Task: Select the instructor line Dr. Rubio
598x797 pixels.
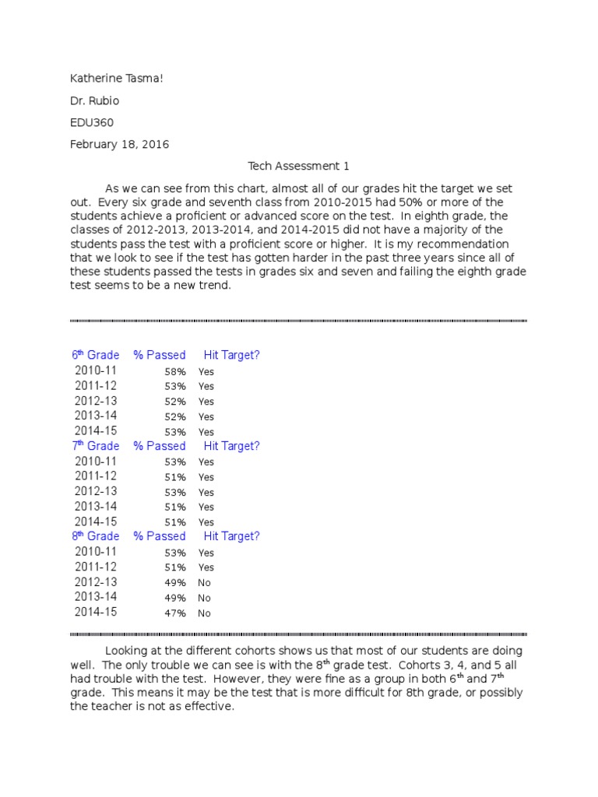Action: [95, 100]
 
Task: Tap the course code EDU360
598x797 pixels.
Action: [92, 122]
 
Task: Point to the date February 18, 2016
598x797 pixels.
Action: [119, 144]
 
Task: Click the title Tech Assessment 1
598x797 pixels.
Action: [299, 166]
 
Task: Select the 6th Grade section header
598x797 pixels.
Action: [96, 355]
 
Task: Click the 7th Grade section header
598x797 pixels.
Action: [96, 446]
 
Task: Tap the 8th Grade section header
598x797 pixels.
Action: [96, 536]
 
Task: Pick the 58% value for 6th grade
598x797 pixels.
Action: [174, 372]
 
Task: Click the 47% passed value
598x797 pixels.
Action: [174, 613]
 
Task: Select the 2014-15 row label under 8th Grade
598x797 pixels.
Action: [96, 612]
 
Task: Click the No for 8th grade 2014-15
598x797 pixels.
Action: [205, 613]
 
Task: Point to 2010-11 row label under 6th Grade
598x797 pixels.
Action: [96, 370]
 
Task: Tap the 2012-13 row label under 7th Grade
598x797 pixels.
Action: [96, 491]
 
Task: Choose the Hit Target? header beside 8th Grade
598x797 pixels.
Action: [232, 536]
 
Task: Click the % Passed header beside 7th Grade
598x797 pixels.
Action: [160, 446]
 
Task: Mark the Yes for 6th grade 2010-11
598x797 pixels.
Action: [206, 372]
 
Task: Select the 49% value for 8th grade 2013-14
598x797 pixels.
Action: [174, 598]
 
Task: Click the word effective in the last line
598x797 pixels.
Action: [208, 707]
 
